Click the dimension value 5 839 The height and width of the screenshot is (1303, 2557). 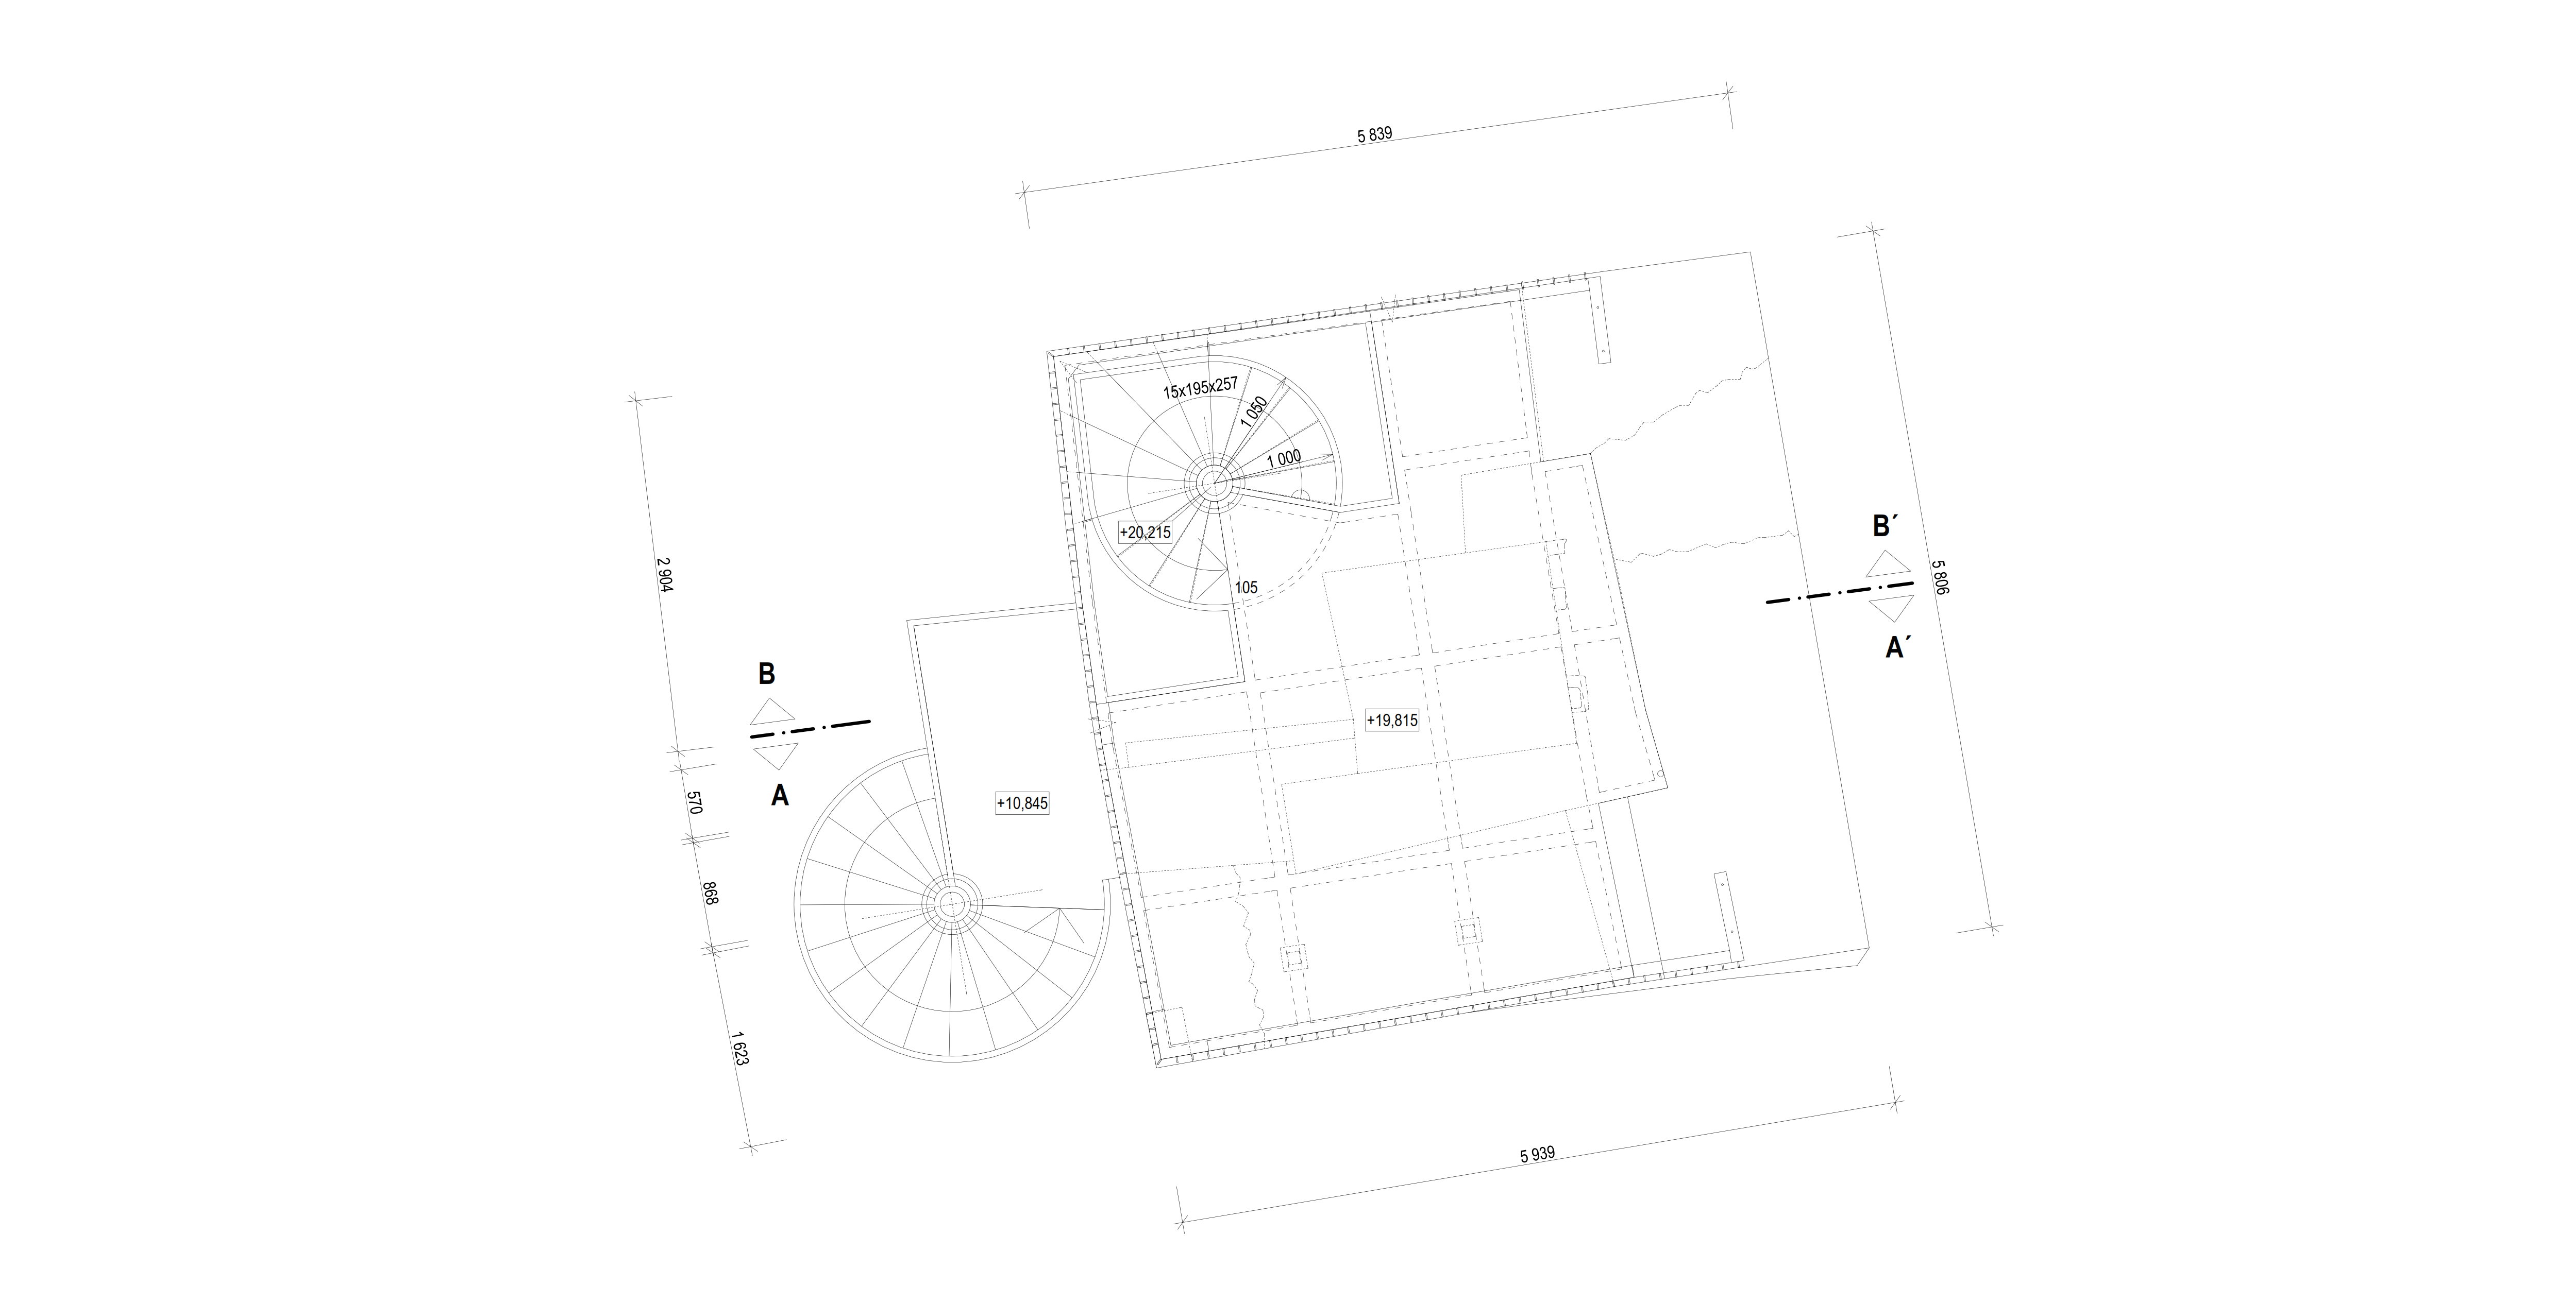coord(1375,135)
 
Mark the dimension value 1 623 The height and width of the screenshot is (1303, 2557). coord(739,1048)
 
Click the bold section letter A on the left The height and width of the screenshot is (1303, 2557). coord(780,796)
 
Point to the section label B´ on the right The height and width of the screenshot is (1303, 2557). coord(1883,526)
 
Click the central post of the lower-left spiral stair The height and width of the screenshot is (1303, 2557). coord(951,903)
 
